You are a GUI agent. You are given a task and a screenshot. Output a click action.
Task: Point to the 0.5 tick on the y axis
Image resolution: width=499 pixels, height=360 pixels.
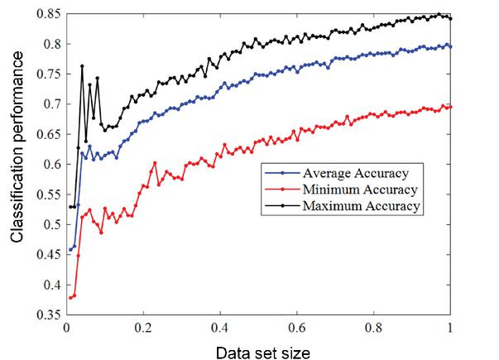tap(51, 224)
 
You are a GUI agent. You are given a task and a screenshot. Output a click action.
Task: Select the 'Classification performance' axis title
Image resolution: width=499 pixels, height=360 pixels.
tap(17, 164)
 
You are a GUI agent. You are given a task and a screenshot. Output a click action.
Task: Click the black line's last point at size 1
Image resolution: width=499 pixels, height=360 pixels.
tap(450, 18)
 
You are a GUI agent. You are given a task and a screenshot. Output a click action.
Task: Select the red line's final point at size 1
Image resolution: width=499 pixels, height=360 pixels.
tap(450, 107)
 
